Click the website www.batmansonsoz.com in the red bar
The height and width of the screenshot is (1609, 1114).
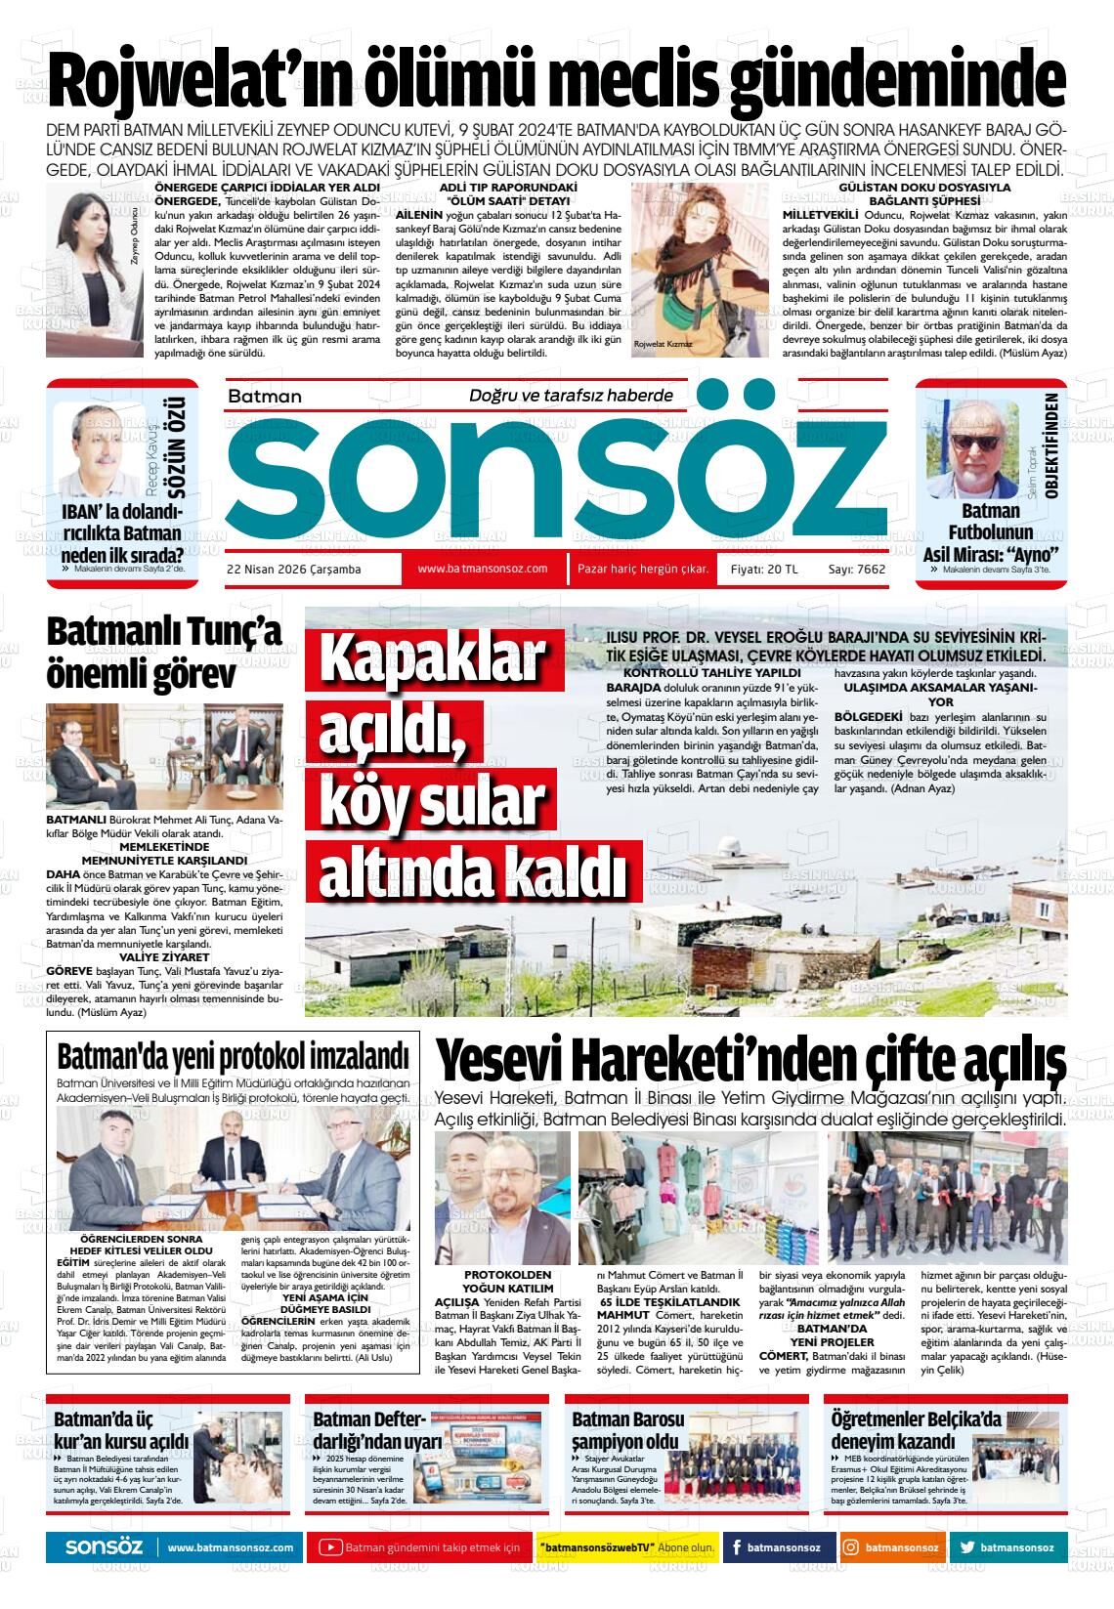482,569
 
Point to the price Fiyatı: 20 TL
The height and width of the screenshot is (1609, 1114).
764,570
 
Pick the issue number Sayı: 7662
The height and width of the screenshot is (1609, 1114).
856,570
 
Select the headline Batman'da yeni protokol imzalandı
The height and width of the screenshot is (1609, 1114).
233,1058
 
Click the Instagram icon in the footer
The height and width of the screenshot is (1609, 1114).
851,1547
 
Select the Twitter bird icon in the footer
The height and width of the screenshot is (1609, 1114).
967,1547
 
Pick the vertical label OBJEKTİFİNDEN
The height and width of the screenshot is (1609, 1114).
1051,446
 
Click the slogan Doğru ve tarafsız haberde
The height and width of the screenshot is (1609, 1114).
572,395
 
